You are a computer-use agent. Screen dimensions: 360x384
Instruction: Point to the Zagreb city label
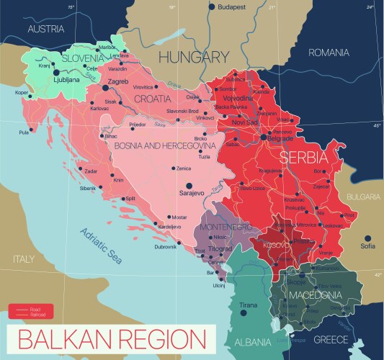(118, 81)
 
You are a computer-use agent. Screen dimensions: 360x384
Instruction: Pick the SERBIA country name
(304, 156)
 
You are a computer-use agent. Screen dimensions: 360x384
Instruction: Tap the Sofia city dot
(367, 246)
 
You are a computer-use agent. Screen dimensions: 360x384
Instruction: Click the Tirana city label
(247, 305)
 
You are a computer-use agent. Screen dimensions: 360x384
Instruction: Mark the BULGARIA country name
(362, 196)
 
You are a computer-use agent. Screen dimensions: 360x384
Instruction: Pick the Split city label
(130, 199)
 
